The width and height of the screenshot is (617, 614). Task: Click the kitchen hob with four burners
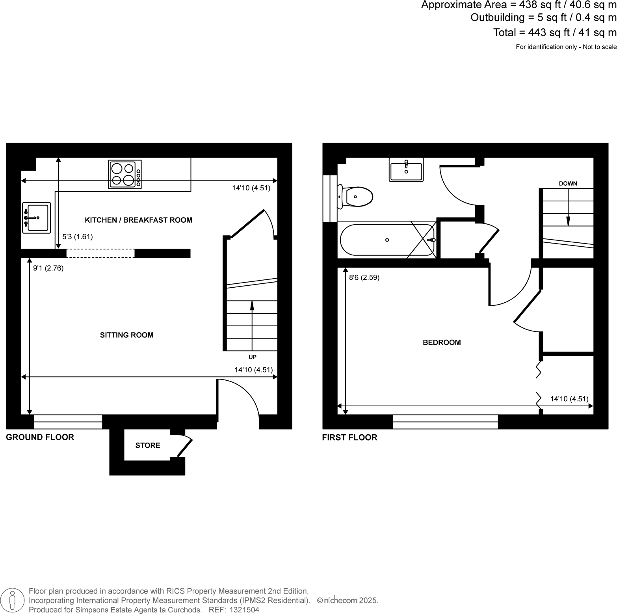[x=125, y=175]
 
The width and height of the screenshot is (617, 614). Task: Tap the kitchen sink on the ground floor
[x=37, y=218]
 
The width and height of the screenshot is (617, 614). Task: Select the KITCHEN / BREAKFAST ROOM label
[x=139, y=220]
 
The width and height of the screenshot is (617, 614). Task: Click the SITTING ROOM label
[x=126, y=335]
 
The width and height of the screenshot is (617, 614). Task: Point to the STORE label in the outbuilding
[x=148, y=446]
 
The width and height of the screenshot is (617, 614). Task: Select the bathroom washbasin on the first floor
[x=406, y=170]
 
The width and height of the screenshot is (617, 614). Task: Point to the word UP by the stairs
[x=253, y=357]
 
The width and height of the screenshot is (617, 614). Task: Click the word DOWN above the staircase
[x=568, y=184]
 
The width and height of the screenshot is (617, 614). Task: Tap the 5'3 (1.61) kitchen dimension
[x=78, y=237]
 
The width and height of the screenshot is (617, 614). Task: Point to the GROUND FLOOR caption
[x=40, y=437]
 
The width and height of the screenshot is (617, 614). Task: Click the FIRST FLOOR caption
[x=349, y=438]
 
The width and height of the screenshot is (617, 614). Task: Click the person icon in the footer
[x=12, y=601]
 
